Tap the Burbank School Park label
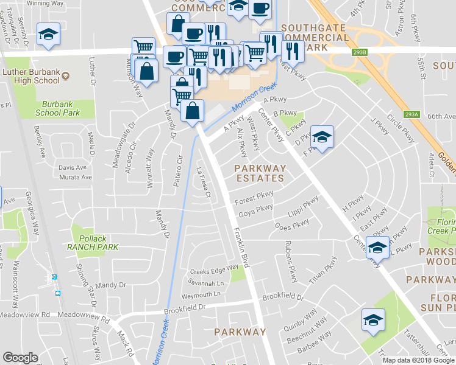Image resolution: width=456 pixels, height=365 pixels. coord(57,108)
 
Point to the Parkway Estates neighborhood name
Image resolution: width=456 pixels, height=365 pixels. coord(260,172)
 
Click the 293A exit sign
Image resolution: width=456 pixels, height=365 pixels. coord(412,114)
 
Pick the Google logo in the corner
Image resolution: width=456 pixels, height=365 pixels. coord(21,358)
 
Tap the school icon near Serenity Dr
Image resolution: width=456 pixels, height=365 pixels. coord(48,35)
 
